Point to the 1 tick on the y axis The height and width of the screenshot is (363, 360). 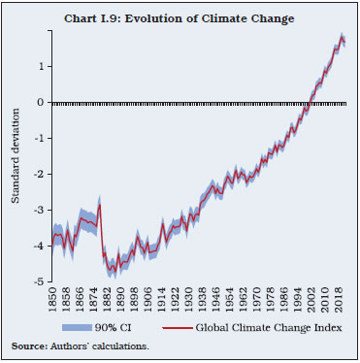41,66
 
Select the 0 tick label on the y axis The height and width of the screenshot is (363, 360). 41,102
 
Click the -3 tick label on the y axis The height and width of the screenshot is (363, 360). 39,211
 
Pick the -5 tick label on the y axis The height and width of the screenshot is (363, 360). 39,282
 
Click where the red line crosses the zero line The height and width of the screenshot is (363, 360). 308,102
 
